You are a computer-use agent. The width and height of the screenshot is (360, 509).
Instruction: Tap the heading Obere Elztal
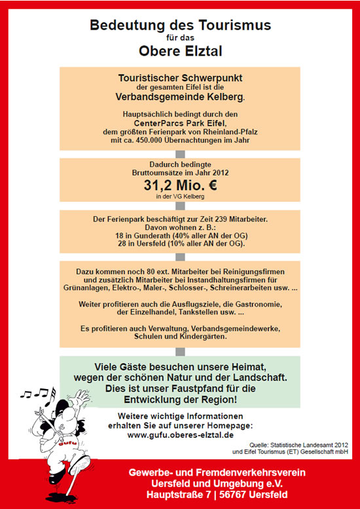(x=179, y=51)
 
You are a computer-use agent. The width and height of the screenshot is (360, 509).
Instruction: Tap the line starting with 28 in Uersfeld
(x=179, y=244)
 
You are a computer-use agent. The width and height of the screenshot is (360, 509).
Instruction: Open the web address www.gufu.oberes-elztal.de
(x=179, y=434)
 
